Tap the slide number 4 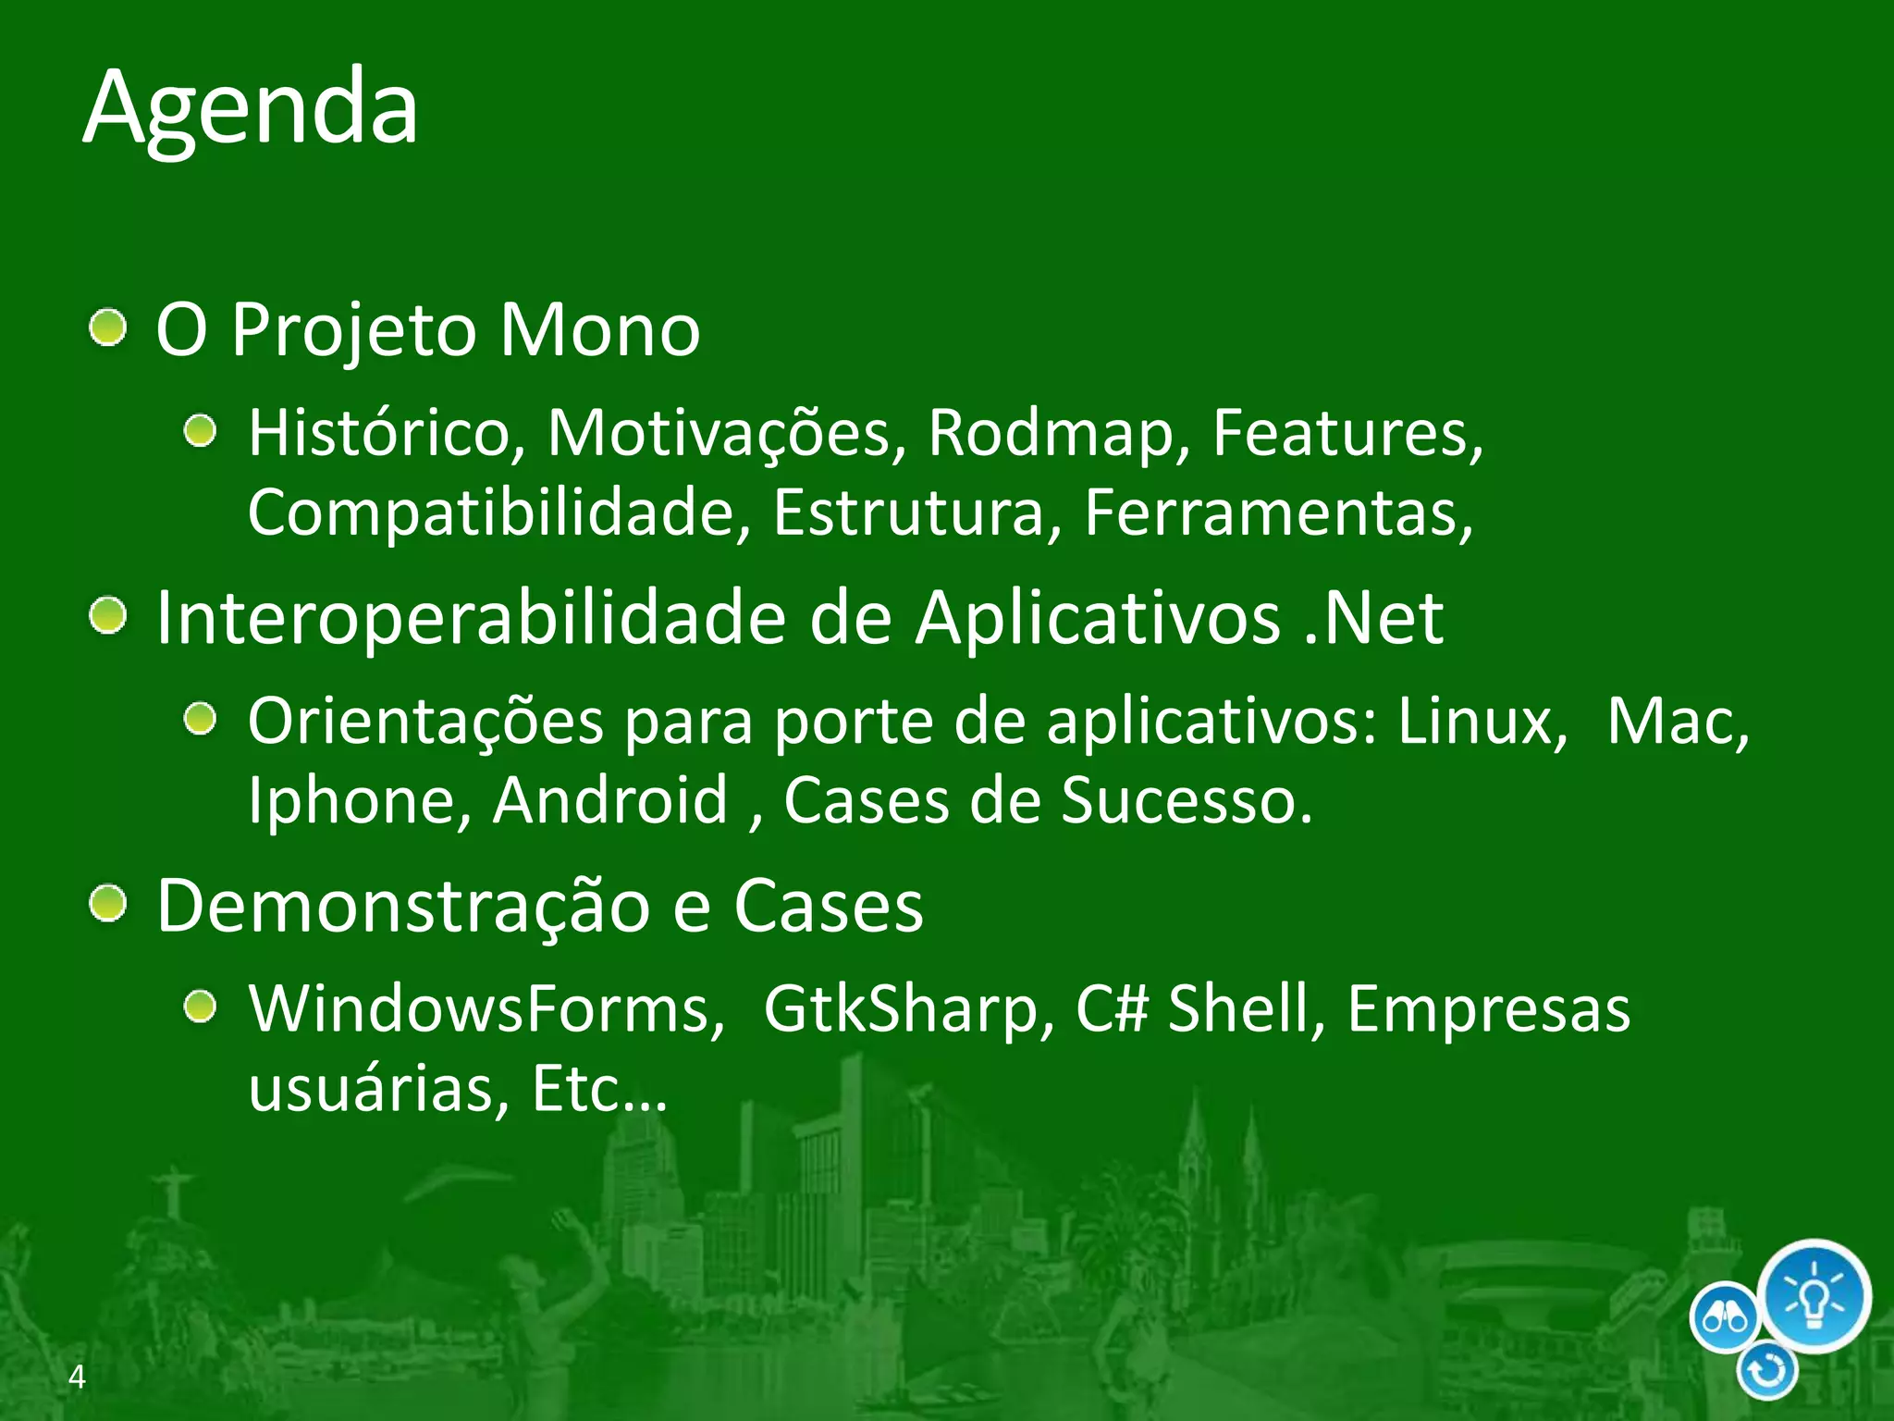pyautogui.click(x=77, y=1377)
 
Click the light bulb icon pyautogui.click(x=1814, y=1295)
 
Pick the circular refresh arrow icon pyautogui.click(x=1767, y=1371)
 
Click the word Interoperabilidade pyautogui.click(x=471, y=618)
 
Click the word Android pyautogui.click(x=610, y=800)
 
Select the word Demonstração pyautogui.click(x=403, y=906)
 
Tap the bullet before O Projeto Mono pyautogui.click(x=109, y=328)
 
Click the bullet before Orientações pyautogui.click(x=200, y=719)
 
